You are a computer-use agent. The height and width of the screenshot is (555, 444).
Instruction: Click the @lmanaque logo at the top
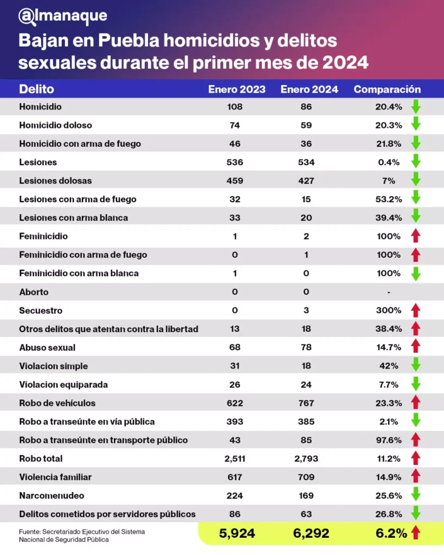point(62,16)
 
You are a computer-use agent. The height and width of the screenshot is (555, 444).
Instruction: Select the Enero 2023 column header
point(237,89)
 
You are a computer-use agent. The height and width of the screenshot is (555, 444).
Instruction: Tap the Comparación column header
point(387,89)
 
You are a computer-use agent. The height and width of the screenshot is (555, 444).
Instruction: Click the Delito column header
point(36,89)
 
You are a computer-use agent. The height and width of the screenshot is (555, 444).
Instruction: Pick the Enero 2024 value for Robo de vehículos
point(306,403)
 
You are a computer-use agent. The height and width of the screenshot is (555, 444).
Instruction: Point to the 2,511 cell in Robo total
point(235,459)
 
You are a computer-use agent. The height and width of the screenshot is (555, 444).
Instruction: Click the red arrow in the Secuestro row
point(416,311)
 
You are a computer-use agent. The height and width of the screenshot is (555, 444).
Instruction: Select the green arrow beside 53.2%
point(416,199)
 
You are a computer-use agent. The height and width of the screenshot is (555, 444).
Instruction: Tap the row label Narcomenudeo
point(52,495)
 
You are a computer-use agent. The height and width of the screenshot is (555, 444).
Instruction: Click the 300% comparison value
point(388,311)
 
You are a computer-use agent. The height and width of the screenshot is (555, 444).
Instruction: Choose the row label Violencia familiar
point(55,477)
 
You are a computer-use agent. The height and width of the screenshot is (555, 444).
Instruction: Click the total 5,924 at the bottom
point(237,533)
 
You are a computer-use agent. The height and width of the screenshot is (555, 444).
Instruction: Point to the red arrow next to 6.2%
point(416,533)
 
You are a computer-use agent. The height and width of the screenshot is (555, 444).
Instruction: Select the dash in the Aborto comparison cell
point(389,292)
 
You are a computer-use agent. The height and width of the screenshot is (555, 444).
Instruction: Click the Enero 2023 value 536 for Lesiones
point(235,162)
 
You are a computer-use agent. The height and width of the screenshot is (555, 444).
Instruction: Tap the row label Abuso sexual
point(47,347)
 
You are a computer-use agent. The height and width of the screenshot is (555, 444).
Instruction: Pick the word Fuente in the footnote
point(29,531)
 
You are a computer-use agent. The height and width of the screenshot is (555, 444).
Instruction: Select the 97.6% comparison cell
point(388,440)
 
